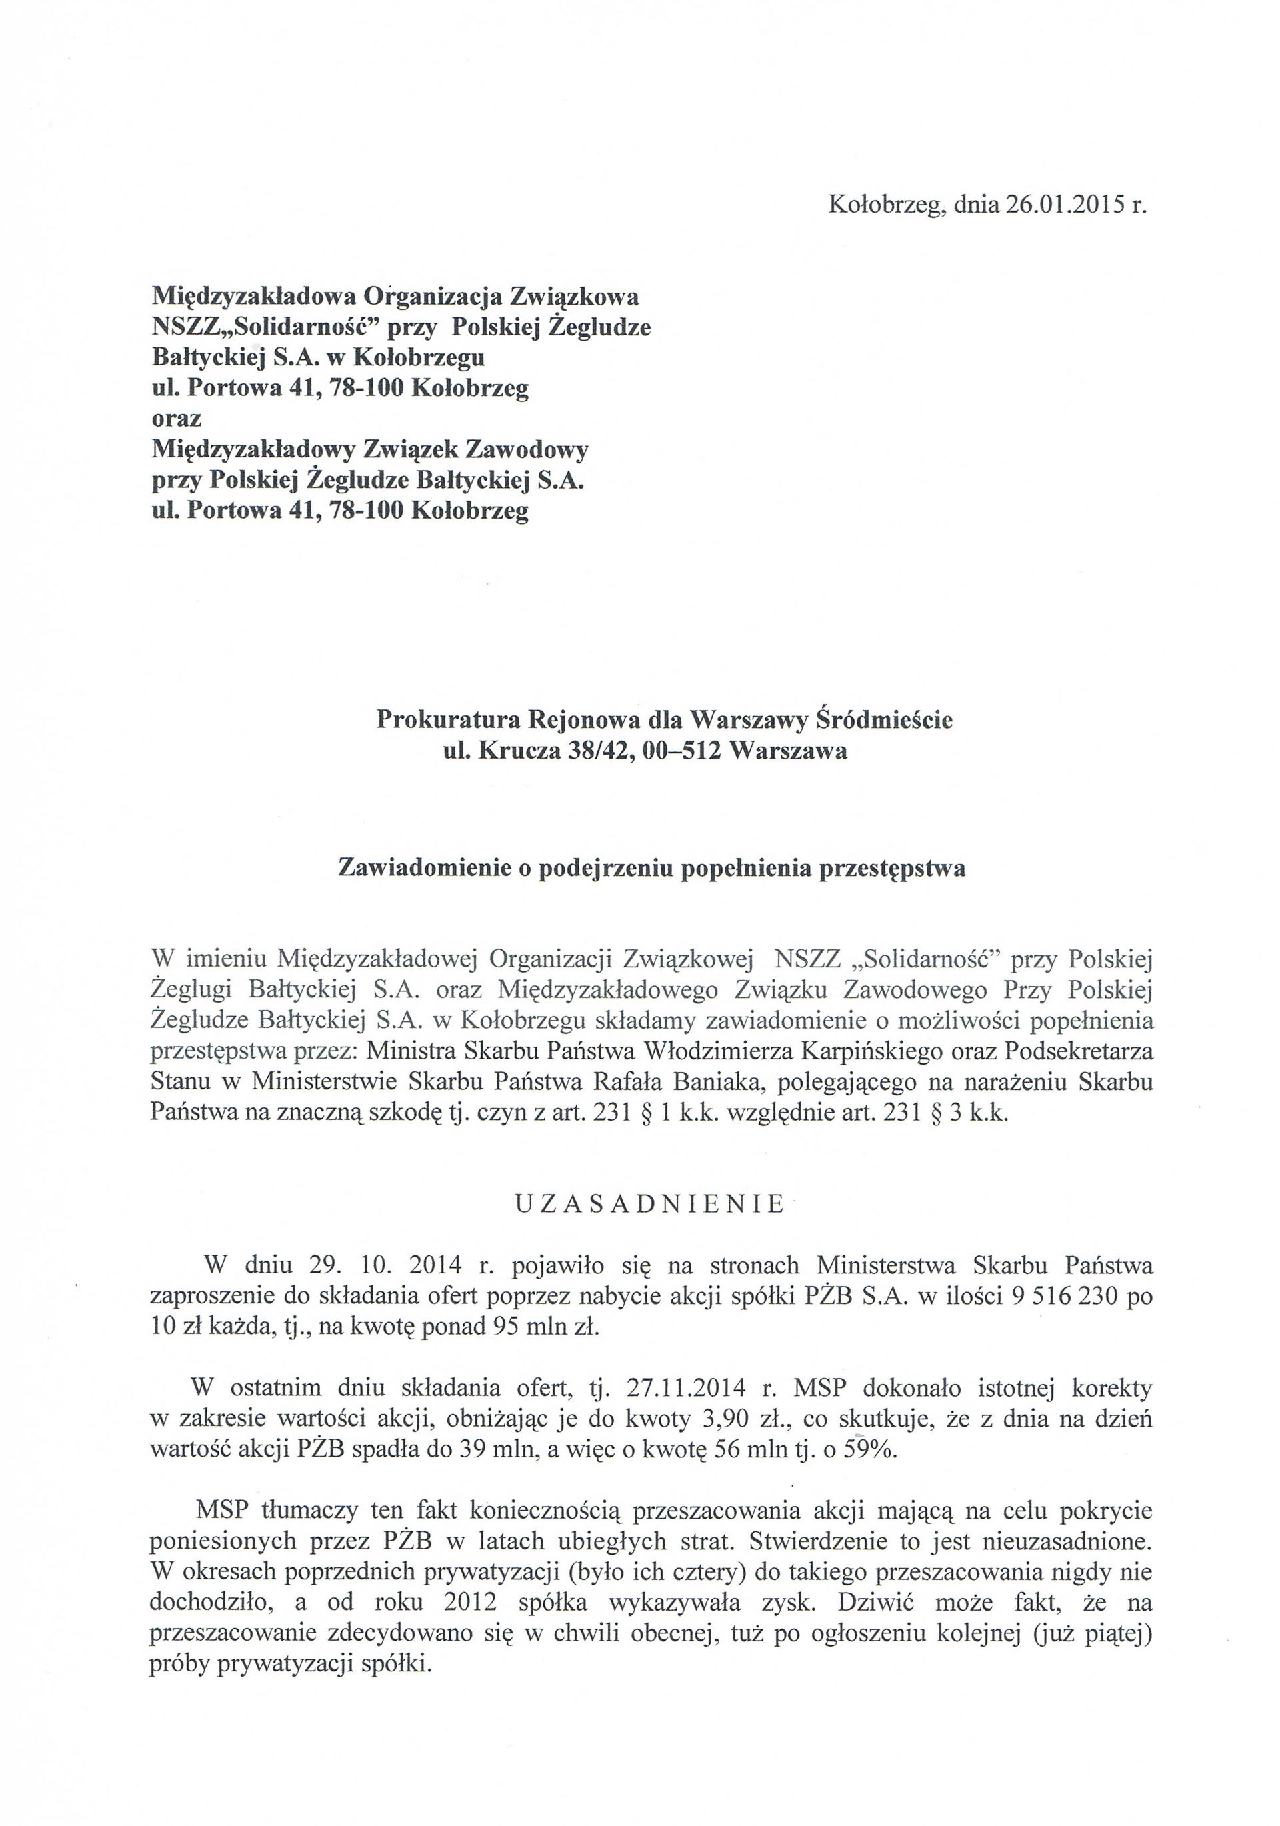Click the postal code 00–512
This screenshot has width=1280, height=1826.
pyautogui.click(x=679, y=750)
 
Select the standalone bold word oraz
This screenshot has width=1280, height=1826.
pyautogui.click(x=177, y=419)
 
